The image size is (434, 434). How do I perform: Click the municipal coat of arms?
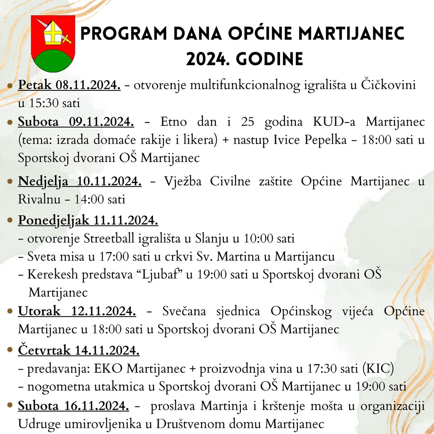pyautogui.click(x=53, y=44)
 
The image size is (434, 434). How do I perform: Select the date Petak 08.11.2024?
pyautogui.click(x=69, y=85)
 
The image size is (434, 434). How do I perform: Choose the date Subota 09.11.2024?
pyautogui.click(x=76, y=122)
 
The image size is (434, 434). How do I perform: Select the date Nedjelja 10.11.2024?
pyautogui.click(x=80, y=181)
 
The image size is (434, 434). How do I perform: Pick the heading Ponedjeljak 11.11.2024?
pyautogui.click(x=88, y=220)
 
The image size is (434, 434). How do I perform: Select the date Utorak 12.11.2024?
pyautogui.click(x=77, y=312)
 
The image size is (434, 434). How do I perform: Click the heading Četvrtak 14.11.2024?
pyautogui.click(x=78, y=351)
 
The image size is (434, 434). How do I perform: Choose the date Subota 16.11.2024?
pyautogui.click(x=73, y=406)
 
